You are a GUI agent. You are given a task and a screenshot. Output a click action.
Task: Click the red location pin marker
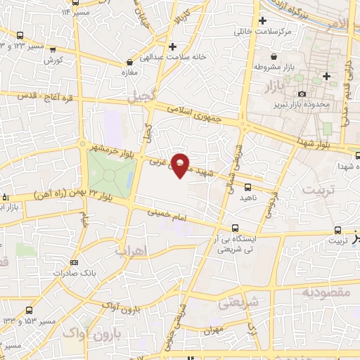(x=180, y=165)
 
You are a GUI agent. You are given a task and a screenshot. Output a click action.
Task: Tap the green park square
(x=110, y=173)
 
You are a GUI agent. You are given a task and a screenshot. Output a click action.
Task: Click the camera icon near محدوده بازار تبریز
(x=302, y=94)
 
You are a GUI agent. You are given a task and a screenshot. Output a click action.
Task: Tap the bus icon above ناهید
(x=247, y=186)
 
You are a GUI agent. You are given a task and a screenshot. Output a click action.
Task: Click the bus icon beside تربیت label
(x=338, y=230)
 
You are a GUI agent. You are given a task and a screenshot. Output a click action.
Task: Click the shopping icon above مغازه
(x=129, y=61)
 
